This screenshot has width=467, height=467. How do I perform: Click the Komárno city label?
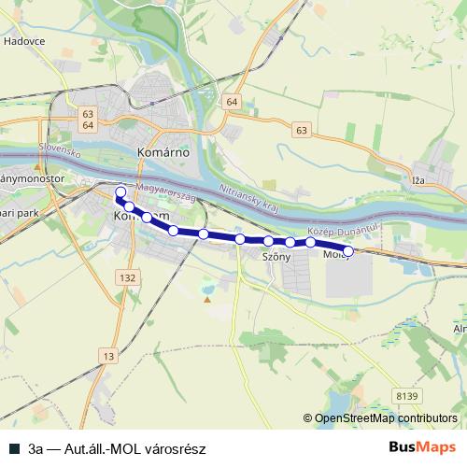pos(163,150)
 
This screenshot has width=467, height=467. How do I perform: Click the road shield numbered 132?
pos(128,277)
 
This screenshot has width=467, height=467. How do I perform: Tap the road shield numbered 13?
pos(109,356)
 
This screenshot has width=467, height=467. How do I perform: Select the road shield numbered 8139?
pos(406,396)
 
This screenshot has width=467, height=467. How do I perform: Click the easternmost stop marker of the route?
pos(348,250)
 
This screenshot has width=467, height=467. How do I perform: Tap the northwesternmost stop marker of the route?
pos(120,192)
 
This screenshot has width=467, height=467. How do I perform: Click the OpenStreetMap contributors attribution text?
pos(386,418)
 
